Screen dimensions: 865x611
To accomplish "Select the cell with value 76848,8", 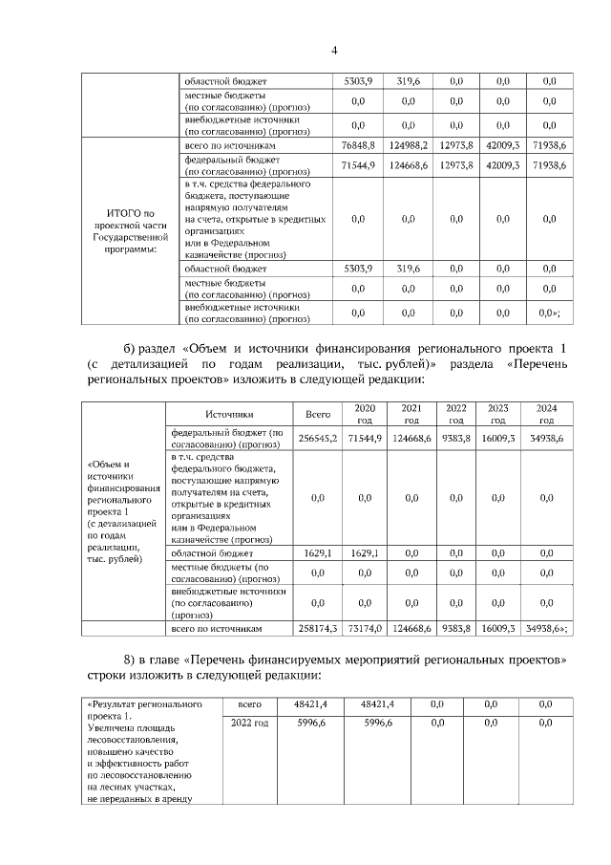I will (x=361, y=144).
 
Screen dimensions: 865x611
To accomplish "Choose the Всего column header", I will (x=318, y=415).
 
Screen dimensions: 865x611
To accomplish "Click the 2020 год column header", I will (x=365, y=415).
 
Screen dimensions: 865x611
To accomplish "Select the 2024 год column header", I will (x=546, y=415).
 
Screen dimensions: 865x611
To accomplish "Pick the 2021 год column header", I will (x=411, y=415).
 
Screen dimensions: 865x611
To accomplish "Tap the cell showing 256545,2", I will (x=318, y=437).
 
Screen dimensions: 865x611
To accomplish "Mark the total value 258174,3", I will (x=318, y=630).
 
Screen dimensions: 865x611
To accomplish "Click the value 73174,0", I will (x=365, y=630).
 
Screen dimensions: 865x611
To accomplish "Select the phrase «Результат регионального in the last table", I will (x=143, y=704).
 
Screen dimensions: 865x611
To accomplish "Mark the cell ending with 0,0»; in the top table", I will (x=549, y=313).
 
